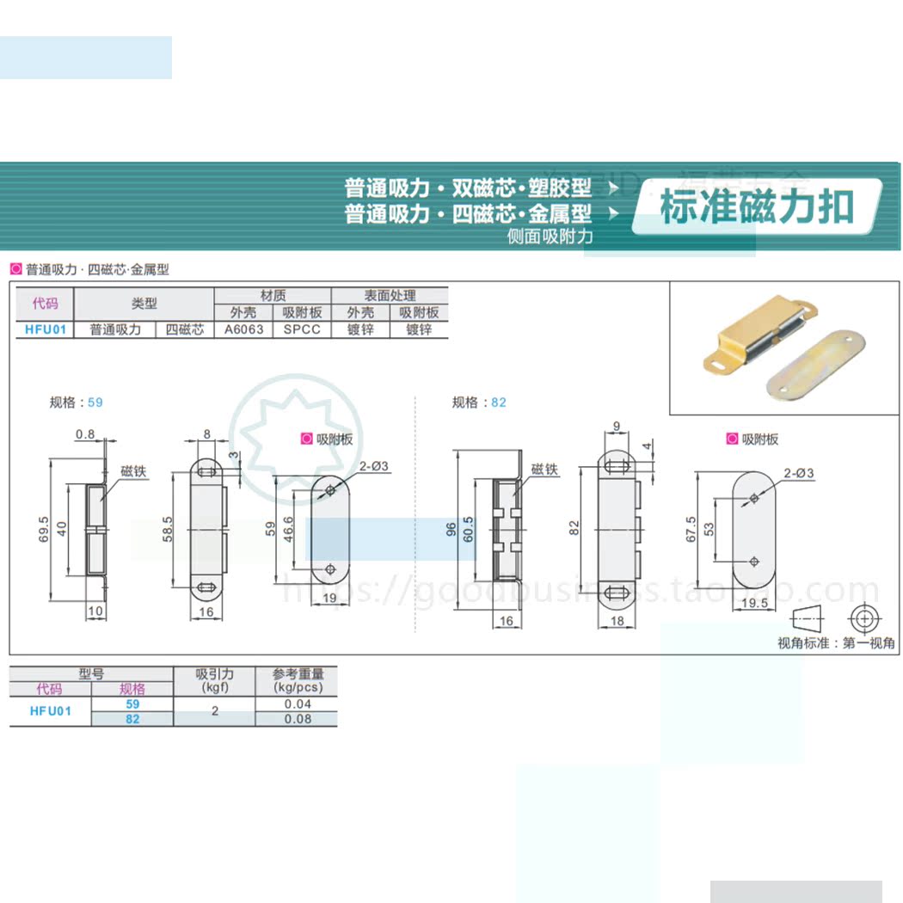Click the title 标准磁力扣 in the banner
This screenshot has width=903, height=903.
pyautogui.click(x=756, y=207)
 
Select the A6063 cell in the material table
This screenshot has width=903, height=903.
pyautogui.click(x=243, y=329)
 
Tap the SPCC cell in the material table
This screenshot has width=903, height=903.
pyautogui.click(x=302, y=329)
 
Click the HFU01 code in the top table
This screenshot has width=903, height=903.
pyautogui.click(x=45, y=329)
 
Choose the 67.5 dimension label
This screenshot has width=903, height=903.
pyautogui.click(x=691, y=525)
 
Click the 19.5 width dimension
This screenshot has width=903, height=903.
pyautogui.click(x=753, y=603)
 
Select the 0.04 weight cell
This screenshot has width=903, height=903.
pyautogui.click(x=297, y=704)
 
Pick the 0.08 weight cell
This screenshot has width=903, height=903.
pyautogui.click(x=297, y=719)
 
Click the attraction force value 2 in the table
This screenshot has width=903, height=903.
pyautogui.click(x=214, y=711)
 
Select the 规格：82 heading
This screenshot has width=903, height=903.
pyautogui.click(x=479, y=402)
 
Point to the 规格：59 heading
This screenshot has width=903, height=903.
pyautogui.click(x=76, y=402)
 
